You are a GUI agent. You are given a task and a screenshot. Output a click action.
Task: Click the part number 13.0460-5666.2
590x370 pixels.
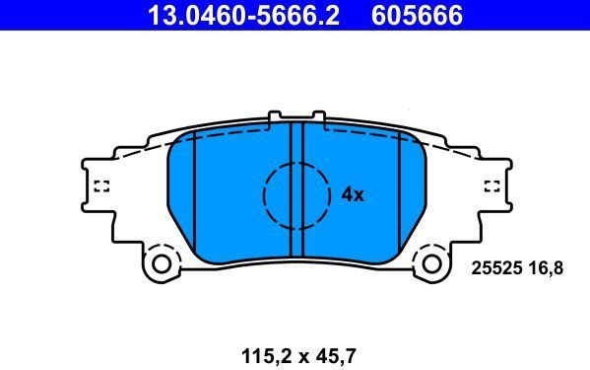pos(244,15)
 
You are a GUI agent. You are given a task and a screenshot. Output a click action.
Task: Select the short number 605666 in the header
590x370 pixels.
pos(417,15)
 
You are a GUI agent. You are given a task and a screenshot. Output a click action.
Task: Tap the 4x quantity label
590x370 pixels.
pos(353,194)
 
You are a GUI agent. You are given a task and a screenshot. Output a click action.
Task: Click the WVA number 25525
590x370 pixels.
pos(496,268)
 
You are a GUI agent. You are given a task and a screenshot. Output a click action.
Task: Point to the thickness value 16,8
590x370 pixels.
pos(546,268)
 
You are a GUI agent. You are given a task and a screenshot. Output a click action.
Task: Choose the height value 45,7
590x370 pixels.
pos(334,356)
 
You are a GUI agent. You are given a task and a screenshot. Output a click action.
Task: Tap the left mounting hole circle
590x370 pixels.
pos(162,264)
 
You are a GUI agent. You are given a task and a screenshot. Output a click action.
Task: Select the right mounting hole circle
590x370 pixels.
pos(431,264)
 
